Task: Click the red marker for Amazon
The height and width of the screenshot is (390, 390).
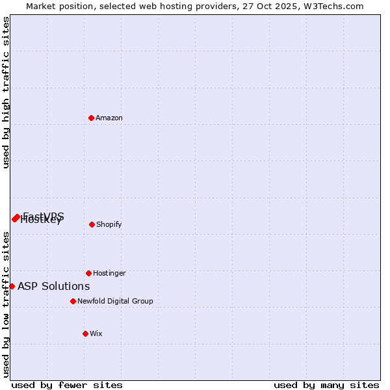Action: point(92,118)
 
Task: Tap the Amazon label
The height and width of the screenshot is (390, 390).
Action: point(109,118)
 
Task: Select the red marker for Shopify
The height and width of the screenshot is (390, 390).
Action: point(92,224)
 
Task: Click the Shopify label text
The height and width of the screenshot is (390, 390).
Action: point(109,225)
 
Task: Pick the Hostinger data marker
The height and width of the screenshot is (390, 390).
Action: point(88,273)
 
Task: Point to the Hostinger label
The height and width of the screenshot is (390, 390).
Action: point(109,274)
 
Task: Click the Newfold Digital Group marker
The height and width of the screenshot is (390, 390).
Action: point(73,301)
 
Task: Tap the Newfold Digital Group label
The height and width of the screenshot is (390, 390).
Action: point(115,302)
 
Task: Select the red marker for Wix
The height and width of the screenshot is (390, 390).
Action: point(85,333)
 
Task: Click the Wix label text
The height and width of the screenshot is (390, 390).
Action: point(96,334)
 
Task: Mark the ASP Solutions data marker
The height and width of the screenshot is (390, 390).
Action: point(12,286)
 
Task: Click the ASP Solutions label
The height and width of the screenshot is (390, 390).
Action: point(54,287)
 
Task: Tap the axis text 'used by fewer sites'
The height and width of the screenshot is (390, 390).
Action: point(67,385)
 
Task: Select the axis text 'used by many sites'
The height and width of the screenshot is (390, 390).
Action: point(326,385)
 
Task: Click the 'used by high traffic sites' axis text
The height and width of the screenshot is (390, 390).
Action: point(6,93)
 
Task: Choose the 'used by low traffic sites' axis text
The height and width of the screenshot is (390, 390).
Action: point(6,304)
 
